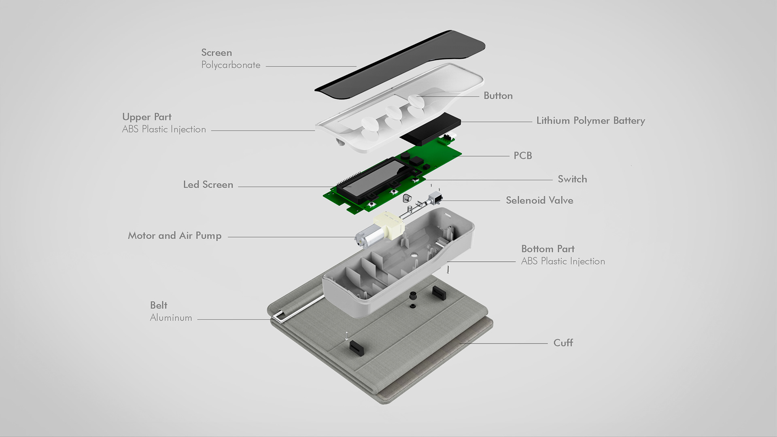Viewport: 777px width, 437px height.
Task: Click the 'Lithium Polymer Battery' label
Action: (590, 121)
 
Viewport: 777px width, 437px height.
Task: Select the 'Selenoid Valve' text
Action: (539, 200)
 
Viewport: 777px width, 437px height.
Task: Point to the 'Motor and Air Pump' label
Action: (174, 236)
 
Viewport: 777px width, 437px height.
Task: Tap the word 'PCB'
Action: (522, 156)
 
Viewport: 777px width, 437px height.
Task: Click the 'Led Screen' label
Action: (208, 185)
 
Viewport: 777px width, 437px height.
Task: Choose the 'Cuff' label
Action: (563, 343)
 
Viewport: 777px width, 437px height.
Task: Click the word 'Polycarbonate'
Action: (231, 65)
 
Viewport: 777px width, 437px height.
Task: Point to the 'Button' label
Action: (498, 96)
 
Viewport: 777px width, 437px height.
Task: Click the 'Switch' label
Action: (572, 179)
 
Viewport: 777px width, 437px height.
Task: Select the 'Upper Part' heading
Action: (147, 117)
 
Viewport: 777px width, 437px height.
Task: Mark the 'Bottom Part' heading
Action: (548, 249)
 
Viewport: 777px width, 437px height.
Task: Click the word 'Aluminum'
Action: (171, 318)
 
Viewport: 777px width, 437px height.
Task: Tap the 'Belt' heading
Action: (159, 305)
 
